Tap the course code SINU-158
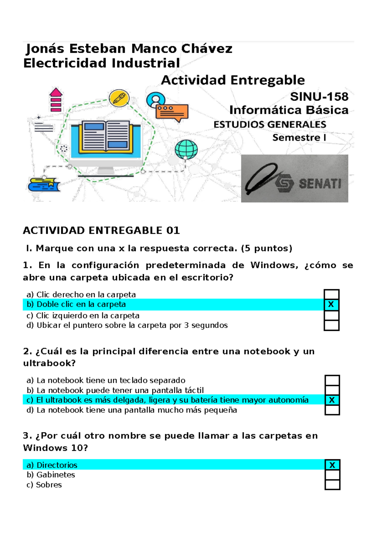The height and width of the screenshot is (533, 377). pos(319,96)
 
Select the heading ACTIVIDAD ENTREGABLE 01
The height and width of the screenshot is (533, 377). pos(101,230)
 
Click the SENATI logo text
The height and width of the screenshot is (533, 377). pos(320,183)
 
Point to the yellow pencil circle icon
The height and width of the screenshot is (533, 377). pos(119,98)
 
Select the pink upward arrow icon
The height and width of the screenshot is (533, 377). pos(56,100)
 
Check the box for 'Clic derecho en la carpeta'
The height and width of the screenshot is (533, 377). pos(331,294)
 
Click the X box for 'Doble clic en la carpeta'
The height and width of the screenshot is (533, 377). pos(331,304)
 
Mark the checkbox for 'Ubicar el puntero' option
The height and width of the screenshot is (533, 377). pos(331,325)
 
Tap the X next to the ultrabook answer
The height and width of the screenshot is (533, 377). pos(332,400)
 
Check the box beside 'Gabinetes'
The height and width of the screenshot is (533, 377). pos(332,475)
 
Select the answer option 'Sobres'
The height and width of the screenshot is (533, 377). pos(49,485)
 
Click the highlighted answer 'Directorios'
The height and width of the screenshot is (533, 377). pos(57,465)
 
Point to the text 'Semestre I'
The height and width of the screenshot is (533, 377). pos(299,138)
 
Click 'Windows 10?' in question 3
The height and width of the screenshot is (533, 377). pos(55,448)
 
